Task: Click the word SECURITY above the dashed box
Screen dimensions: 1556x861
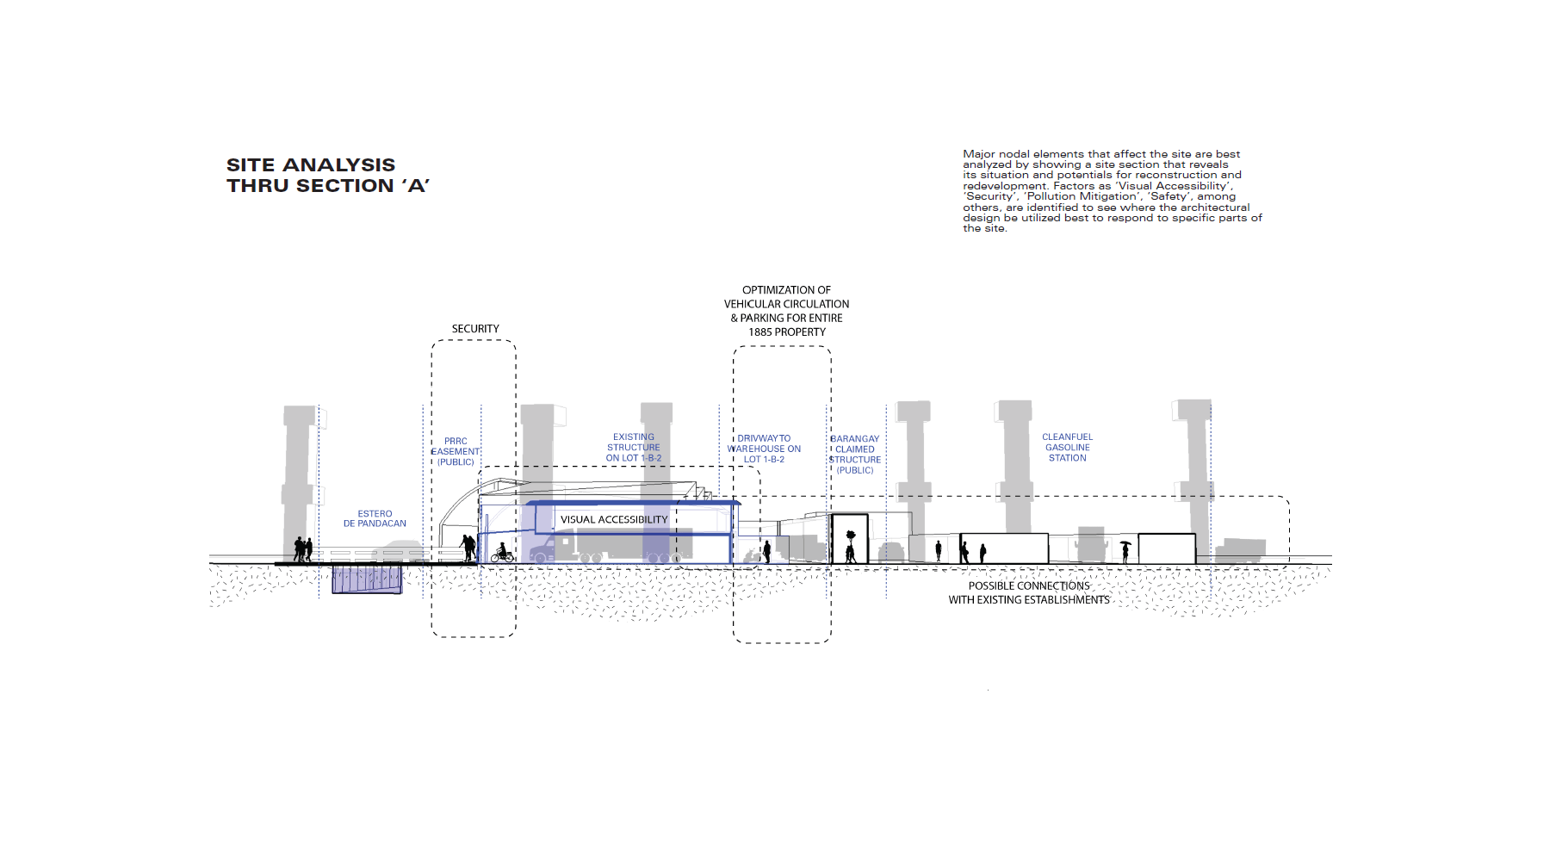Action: click(x=475, y=329)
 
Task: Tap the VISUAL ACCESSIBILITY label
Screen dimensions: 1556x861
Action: click(x=614, y=519)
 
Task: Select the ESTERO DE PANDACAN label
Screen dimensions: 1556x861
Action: click(x=375, y=518)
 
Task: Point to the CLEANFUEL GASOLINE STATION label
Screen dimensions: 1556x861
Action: click(x=1067, y=448)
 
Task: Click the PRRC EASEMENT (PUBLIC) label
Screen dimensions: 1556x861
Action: click(x=456, y=451)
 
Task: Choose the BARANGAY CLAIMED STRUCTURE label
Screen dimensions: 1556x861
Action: click(x=855, y=454)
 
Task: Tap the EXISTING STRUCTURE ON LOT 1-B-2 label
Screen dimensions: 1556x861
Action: click(x=634, y=448)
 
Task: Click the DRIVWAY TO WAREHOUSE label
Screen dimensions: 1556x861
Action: click(x=764, y=449)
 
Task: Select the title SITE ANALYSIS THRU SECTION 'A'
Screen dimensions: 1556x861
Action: click(x=327, y=176)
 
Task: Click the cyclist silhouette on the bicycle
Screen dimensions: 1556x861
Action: click(x=502, y=553)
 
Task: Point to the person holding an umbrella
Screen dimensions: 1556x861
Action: click(x=1125, y=550)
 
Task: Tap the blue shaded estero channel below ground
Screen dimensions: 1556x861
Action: click(x=367, y=579)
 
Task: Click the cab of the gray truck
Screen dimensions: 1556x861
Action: click(x=548, y=548)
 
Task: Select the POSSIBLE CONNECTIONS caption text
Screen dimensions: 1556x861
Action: click(x=1029, y=592)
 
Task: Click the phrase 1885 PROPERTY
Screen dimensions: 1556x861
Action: click(x=787, y=332)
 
